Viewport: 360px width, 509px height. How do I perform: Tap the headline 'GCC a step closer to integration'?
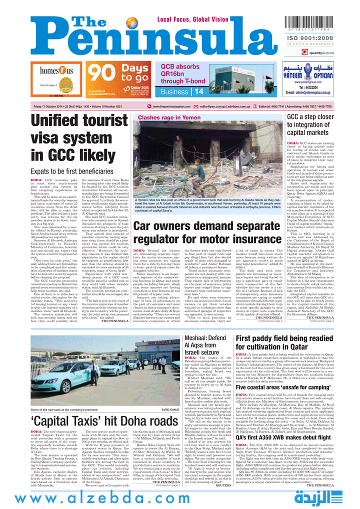[310, 125]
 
